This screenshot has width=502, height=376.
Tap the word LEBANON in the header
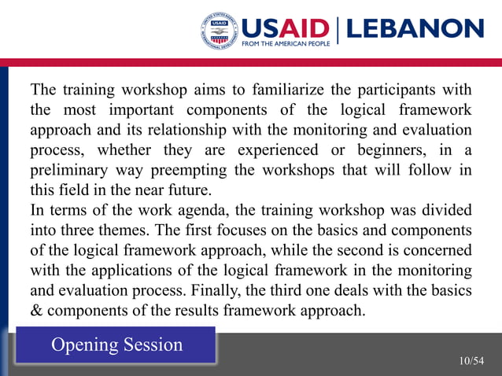[x=415, y=29]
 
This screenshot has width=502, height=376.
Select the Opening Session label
[x=116, y=345]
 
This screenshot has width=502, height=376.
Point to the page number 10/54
[x=471, y=361]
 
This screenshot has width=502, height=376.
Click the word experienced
[x=272, y=149]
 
